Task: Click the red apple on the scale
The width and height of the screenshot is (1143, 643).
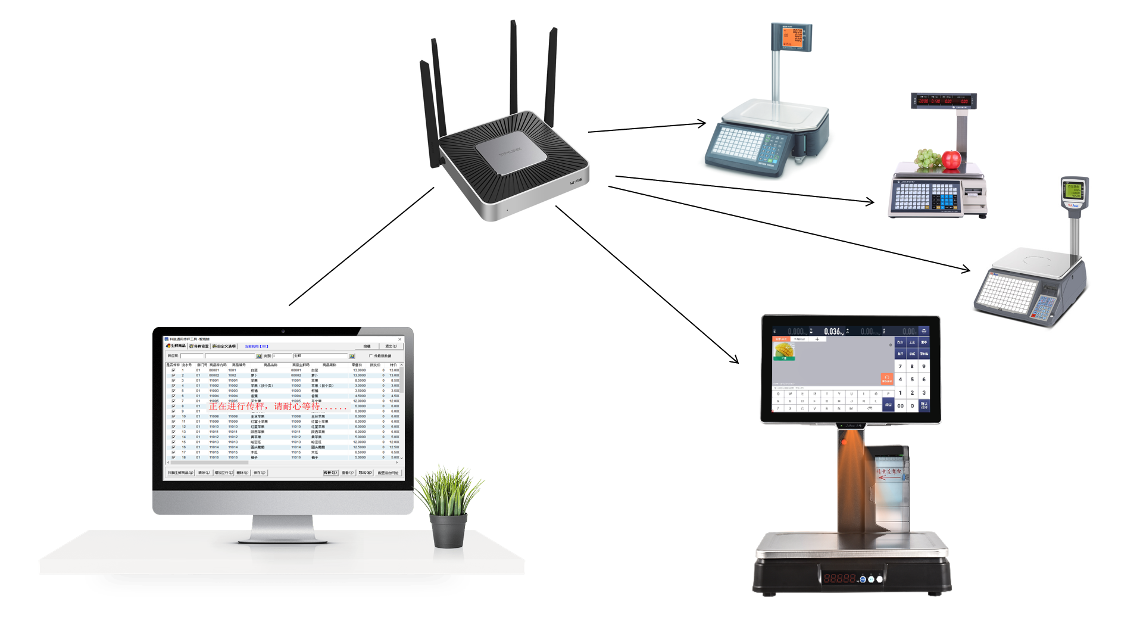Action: tap(951, 160)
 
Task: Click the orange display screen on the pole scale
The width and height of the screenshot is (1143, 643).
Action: tap(793, 37)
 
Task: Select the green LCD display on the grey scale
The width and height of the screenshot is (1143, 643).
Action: tap(1075, 191)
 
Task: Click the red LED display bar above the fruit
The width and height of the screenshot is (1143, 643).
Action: tap(944, 101)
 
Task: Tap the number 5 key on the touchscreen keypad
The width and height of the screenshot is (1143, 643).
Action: tap(912, 379)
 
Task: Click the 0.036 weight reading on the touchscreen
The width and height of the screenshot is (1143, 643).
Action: tap(833, 332)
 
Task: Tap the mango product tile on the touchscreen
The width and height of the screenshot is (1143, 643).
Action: tap(784, 351)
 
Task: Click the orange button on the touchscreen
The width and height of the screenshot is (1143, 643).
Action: tap(886, 379)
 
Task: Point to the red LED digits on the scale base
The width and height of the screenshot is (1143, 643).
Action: tap(840, 578)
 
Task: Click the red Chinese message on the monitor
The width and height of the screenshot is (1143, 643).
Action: tap(277, 406)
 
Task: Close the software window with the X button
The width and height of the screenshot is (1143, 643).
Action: tap(400, 339)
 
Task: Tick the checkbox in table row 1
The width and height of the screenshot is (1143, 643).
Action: tap(173, 370)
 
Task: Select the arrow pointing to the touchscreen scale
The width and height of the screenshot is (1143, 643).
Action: tap(649, 285)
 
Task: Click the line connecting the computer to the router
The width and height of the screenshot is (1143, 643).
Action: tap(361, 247)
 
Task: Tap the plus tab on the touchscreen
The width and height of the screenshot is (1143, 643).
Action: tap(817, 339)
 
